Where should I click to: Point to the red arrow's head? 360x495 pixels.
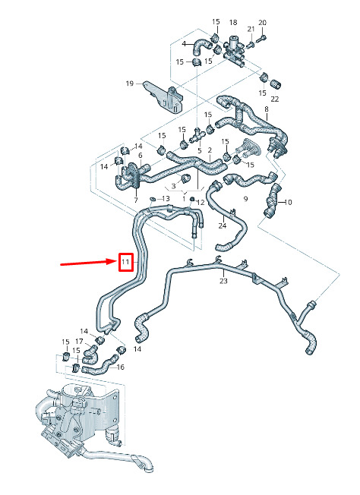(x=114, y=261)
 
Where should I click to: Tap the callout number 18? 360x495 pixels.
(x=233, y=23)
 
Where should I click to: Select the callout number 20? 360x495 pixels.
(x=263, y=23)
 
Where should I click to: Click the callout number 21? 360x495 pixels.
(x=251, y=29)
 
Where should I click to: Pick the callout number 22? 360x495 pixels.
(x=275, y=99)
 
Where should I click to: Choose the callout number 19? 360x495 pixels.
(x=130, y=84)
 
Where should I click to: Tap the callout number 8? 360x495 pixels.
(x=267, y=109)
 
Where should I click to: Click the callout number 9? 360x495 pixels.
(x=245, y=199)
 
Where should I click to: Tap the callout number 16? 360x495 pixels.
(x=121, y=367)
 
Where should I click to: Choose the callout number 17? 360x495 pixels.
(x=79, y=341)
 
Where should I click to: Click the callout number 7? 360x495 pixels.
(x=136, y=200)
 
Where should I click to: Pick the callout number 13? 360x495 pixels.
(x=166, y=198)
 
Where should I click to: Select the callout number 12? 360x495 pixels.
(x=201, y=202)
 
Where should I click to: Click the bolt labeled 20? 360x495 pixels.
(x=261, y=39)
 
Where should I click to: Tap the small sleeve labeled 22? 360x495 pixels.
(x=276, y=84)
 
